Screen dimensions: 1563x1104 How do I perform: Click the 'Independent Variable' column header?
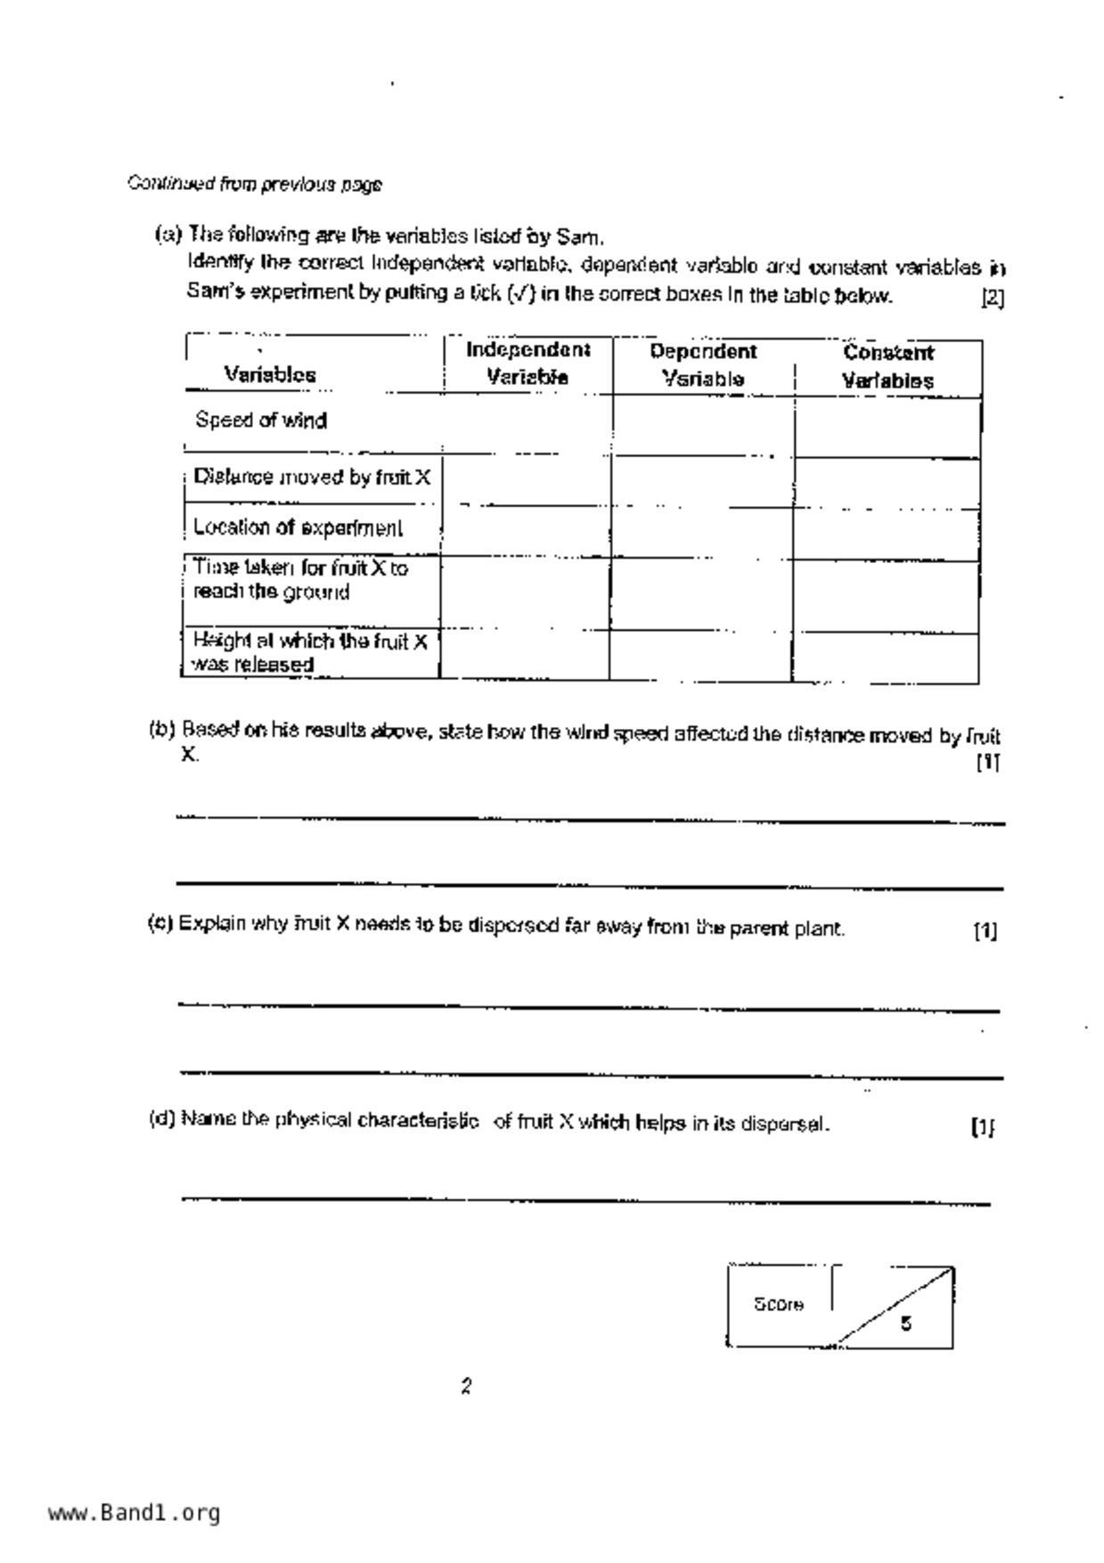pos(527,363)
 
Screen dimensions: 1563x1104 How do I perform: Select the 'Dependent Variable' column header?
pos(703,364)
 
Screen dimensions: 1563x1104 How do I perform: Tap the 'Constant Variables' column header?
pos(888,366)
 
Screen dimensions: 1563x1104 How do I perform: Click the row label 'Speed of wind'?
pos(261,420)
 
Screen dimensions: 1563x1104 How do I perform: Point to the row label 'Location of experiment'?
pos(298,528)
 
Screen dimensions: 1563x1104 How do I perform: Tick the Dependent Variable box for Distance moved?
pos(702,481)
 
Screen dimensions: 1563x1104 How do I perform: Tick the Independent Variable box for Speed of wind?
pos(527,425)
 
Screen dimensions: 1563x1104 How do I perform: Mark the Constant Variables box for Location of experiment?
pos(887,535)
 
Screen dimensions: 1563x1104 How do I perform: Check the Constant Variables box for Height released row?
pos(886,658)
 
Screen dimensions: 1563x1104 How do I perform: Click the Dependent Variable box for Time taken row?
pos(702,594)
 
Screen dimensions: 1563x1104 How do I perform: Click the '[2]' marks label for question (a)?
pos(992,298)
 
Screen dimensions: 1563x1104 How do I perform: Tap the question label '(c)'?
pos(160,923)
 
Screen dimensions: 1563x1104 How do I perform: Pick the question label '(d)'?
pos(162,1118)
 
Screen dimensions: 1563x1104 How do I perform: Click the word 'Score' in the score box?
pos(779,1305)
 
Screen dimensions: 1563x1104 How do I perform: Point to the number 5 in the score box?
pos(905,1323)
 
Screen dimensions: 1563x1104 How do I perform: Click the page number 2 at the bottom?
pos(466,1387)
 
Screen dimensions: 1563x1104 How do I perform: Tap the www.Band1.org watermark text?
pos(134,1512)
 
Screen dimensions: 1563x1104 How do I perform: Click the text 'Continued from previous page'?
pos(255,184)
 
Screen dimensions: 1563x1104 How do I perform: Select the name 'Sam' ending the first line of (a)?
pos(578,237)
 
